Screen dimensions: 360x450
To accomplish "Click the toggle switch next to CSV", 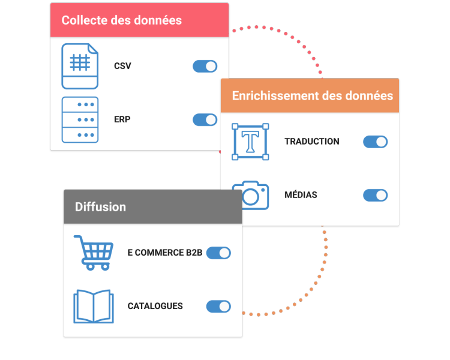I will click(x=205, y=66).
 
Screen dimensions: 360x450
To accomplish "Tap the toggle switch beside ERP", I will click(x=205, y=119).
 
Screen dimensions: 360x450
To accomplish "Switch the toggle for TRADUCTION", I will click(x=375, y=142).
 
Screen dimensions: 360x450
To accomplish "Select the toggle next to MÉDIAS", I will click(x=375, y=195).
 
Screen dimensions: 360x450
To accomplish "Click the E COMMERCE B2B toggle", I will click(x=218, y=253).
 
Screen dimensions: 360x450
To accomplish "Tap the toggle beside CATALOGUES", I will click(x=218, y=306).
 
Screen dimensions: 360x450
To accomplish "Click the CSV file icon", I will click(x=80, y=66).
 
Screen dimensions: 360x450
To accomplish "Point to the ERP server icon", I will click(x=80, y=119).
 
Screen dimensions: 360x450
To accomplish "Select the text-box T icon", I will click(x=250, y=142).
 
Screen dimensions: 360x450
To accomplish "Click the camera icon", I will click(x=251, y=195).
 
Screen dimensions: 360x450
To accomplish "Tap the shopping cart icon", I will click(x=94, y=252).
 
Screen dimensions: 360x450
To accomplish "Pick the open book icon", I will click(x=93, y=306).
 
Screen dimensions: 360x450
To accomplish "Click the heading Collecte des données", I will click(x=121, y=20).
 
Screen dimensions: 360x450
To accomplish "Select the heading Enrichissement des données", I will click(x=312, y=95).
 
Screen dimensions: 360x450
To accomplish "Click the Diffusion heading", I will click(x=100, y=207).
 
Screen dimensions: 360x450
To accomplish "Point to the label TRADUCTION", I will click(x=311, y=142).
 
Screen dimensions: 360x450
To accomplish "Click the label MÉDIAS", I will click(x=301, y=195).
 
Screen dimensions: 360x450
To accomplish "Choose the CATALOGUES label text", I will click(x=155, y=306).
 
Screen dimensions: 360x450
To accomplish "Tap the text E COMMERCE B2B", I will click(x=164, y=253).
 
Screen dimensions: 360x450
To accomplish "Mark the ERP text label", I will click(x=122, y=119).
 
